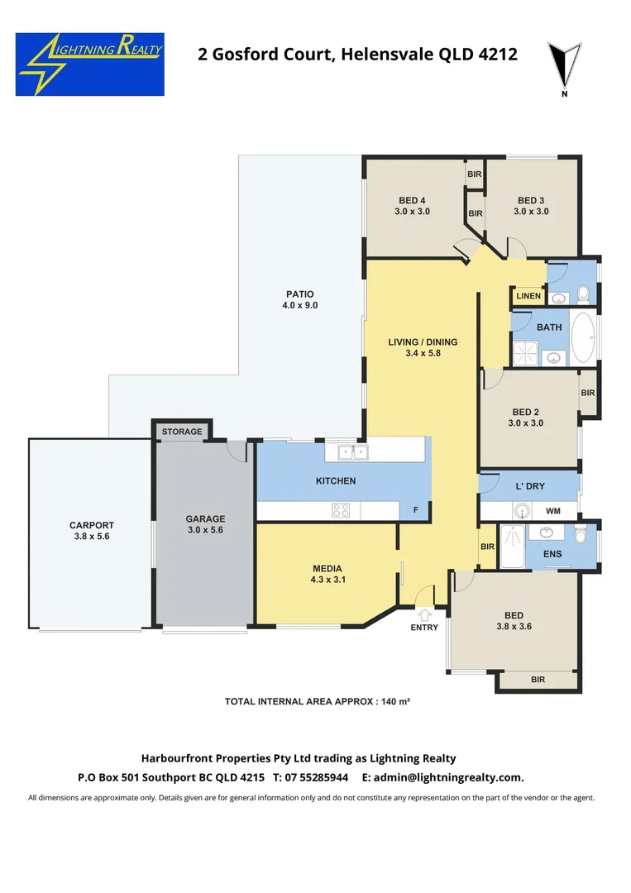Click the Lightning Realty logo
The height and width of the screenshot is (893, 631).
coord(89,64)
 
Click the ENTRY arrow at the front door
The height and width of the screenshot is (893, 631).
coord(424,614)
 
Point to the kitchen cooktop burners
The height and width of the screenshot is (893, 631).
coord(341,510)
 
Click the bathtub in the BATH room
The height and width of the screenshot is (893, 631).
coord(583,338)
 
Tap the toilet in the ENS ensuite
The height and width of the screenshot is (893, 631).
coord(581,536)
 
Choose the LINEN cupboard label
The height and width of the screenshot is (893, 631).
coord(528,296)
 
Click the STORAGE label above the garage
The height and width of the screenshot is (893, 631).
coord(181,432)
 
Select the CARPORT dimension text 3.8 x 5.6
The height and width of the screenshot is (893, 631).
coord(91,537)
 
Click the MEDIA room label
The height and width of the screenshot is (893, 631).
coord(327,568)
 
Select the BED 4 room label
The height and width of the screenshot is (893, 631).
coord(412,200)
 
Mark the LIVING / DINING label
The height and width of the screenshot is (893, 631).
coord(423,341)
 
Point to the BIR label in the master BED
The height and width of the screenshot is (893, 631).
coord(538,680)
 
